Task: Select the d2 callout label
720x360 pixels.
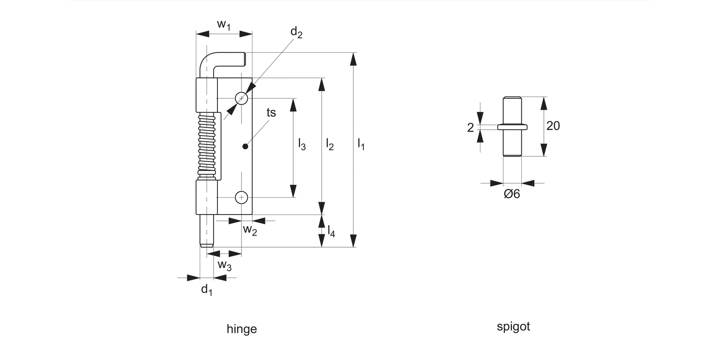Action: tap(296, 33)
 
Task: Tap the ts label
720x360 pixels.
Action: tap(271, 112)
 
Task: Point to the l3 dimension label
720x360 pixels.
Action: tap(301, 144)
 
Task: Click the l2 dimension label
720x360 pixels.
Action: tap(329, 144)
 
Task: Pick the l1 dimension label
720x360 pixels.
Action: tap(361, 144)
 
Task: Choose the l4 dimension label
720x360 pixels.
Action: tap(331, 231)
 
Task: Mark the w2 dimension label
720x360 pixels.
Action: tap(250, 230)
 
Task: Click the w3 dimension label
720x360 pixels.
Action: tap(225, 264)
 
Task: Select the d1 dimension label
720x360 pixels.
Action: tap(206, 289)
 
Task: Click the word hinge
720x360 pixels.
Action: tap(241, 329)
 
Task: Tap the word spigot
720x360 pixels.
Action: tap(513, 327)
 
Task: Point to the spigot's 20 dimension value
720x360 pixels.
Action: tap(553, 126)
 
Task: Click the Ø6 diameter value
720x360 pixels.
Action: tap(512, 194)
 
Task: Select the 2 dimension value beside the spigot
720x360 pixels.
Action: tap(470, 127)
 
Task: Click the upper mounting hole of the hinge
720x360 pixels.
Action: tap(241, 98)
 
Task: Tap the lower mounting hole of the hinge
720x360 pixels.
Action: tap(241, 197)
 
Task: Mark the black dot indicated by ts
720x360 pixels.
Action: tap(245, 146)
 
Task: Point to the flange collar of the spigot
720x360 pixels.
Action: tap(512, 127)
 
